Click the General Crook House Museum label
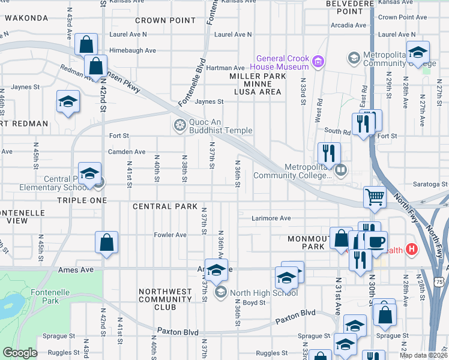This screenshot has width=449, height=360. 282,62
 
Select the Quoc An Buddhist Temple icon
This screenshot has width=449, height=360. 179,125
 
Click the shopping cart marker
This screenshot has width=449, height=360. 375,196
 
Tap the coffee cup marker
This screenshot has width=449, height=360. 376,241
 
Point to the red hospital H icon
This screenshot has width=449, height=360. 411,248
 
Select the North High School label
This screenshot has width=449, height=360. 264,293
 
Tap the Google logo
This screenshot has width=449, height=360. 20,353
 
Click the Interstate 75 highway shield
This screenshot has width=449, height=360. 441,281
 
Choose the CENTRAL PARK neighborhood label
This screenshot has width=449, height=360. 165,206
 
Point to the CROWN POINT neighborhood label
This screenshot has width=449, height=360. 165,20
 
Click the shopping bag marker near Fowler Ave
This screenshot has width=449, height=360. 106,242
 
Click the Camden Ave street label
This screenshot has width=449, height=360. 127,152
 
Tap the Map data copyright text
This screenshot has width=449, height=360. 423,355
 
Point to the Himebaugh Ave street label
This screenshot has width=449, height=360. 133,50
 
